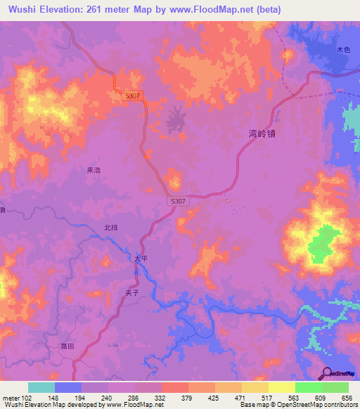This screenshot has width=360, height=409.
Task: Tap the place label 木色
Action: [x=342, y=50]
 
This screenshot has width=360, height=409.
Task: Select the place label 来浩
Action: [x=94, y=170]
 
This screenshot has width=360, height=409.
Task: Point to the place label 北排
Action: [x=110, y=227]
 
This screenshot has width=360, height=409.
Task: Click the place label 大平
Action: [x=141, y=259]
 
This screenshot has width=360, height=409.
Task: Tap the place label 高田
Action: [x=67, y=346]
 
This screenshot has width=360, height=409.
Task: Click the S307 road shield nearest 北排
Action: [x=179, y=201]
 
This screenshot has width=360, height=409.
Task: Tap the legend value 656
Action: [x=347, y=397]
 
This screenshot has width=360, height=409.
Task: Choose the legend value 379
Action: [x=187, y=397]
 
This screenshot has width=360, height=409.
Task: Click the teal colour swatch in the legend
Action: [x=41, y=387]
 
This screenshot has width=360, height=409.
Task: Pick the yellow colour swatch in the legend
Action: [x=282, y=387]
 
